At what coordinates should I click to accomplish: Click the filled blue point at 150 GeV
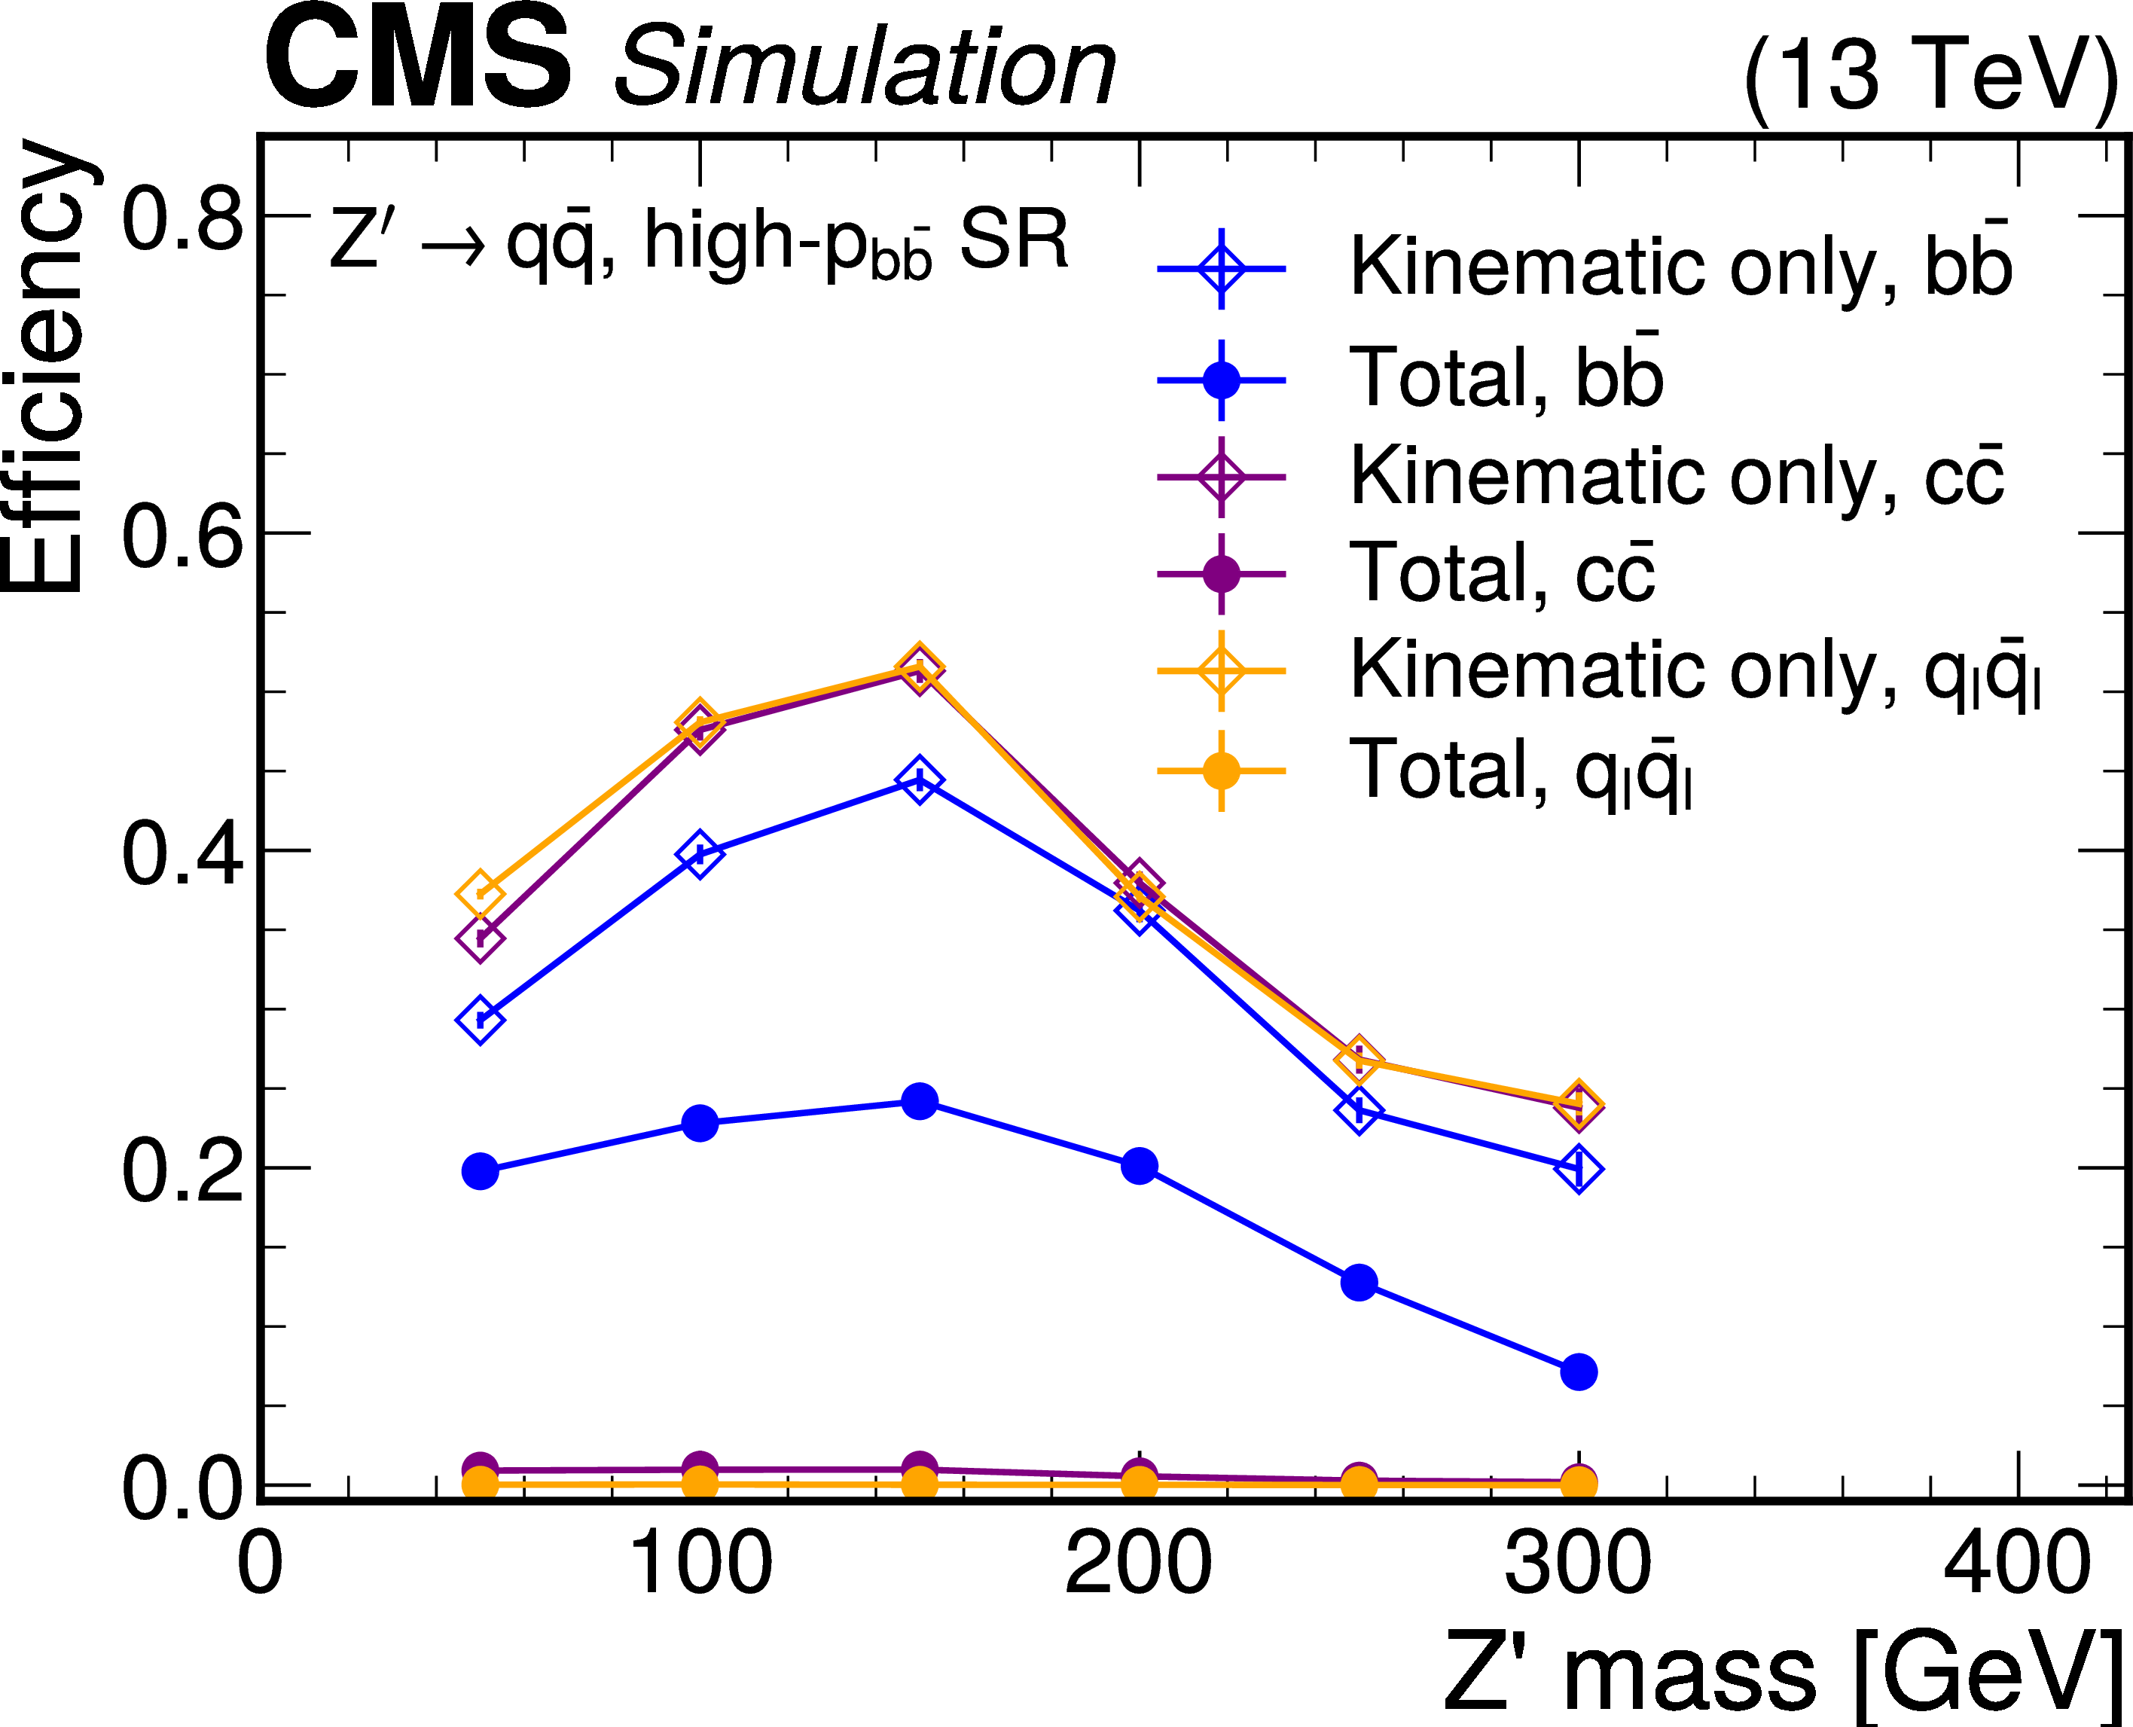920,1101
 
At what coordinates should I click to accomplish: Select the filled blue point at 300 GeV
1578,1372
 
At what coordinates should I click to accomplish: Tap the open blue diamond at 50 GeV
480,1020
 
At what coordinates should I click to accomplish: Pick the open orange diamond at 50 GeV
480,893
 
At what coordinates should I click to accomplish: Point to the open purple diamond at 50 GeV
480,938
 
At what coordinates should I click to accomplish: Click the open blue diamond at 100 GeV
700,853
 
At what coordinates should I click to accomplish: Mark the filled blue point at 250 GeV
1359,1283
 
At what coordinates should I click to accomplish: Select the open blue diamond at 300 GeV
1578,1168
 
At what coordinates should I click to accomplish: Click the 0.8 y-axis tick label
182,219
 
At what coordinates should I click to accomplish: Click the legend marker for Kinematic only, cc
1221,477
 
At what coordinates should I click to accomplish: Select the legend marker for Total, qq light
1221,771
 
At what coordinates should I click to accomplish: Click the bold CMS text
418,59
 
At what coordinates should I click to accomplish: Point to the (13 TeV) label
1930,75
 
